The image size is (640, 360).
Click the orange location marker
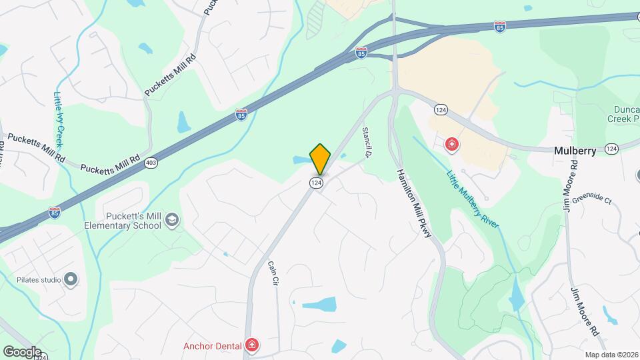[320, 159]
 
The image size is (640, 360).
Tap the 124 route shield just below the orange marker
[317, 182]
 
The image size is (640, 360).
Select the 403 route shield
[153, 163]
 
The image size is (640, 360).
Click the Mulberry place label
[575, 151]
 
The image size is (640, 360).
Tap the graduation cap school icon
[173, 221]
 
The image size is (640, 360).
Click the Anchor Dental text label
[213, 345]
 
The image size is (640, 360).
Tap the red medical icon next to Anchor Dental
[253, 345]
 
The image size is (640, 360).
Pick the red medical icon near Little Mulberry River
[452, 145]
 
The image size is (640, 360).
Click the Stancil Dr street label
[366, 142]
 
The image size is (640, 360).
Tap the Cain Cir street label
[272, 273]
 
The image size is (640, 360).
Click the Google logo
[22, 351]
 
